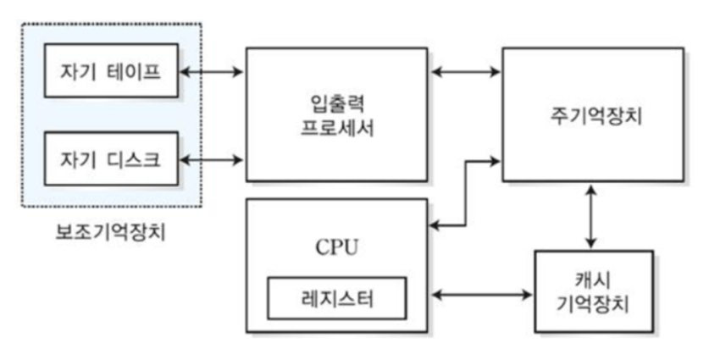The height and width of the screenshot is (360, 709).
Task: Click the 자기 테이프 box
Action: click(x=112, y=70)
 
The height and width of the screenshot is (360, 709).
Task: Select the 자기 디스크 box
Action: click(x=112, y=158)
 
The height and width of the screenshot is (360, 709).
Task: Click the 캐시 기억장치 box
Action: click(x=594, y=291)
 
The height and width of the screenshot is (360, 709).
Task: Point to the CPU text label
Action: click(x=336, y=248)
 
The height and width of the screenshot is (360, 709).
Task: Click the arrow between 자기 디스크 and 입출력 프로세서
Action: click(x=212, y=158)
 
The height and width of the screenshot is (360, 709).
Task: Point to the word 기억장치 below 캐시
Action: click(x=594, y=302)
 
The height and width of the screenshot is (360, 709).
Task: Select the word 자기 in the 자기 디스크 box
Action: click(x=76, y=158)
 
